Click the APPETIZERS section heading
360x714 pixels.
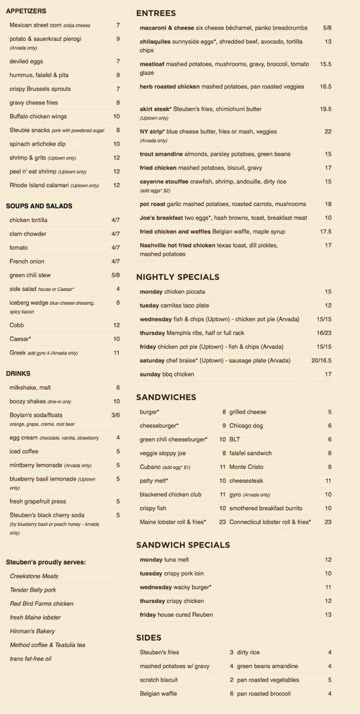[x=26, y=12]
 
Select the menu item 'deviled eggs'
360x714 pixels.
[x=26, y=62]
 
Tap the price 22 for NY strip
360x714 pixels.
[x=328, y=132]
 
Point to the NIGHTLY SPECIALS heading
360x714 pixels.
[x=178, y=277]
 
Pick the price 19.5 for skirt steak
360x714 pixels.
[x=325, y=109]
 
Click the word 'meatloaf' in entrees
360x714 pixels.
[x=155, y=63]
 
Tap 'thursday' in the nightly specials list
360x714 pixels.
[x=154, y=333]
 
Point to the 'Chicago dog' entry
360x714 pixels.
[x=248, y=426]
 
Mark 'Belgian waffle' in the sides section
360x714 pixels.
[x=163, y=693]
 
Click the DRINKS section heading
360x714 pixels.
[x=18, y=373]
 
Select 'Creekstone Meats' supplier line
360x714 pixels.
[x=35, y=576]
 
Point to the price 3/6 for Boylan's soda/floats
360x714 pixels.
[x=115, y=415]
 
